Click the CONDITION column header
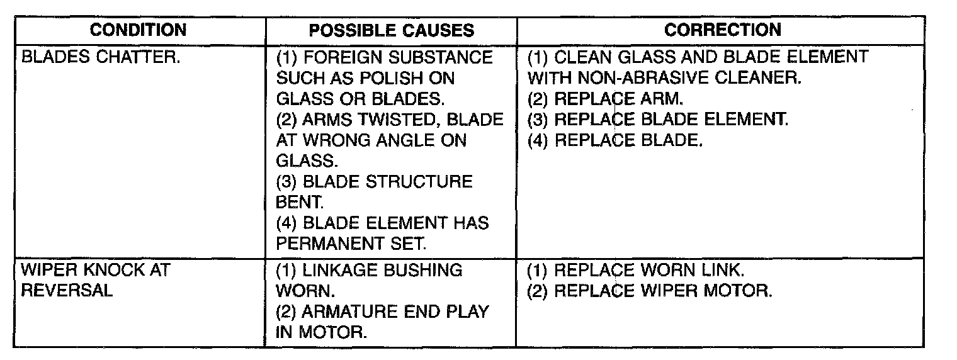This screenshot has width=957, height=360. [x=138, y=30]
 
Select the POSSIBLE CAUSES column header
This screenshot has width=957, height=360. [x=391, y=31]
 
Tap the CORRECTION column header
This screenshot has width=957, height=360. [x=722, y=30]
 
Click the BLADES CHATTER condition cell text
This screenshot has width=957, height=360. [x=101, y=58]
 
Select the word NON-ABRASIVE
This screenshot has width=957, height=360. [x=659, y=79]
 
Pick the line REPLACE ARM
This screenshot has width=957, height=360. [x=605, y=99]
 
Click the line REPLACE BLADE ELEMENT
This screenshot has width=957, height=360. [x=657, y=120]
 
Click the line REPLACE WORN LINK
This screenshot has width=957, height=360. [x=636, y=271]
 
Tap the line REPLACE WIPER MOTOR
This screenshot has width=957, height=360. [x=649, y=291]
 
